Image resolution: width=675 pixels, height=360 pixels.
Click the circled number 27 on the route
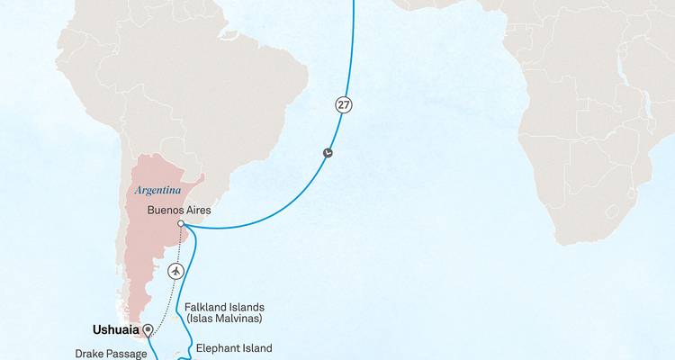343,104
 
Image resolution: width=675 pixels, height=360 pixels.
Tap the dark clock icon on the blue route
328,152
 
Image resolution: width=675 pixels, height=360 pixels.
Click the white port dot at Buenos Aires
181,223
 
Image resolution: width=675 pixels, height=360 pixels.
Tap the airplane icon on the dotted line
176,270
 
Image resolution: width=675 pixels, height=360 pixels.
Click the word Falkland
207,306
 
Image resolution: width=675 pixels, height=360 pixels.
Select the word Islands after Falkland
252,306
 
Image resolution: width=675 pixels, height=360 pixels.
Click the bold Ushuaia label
116,329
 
